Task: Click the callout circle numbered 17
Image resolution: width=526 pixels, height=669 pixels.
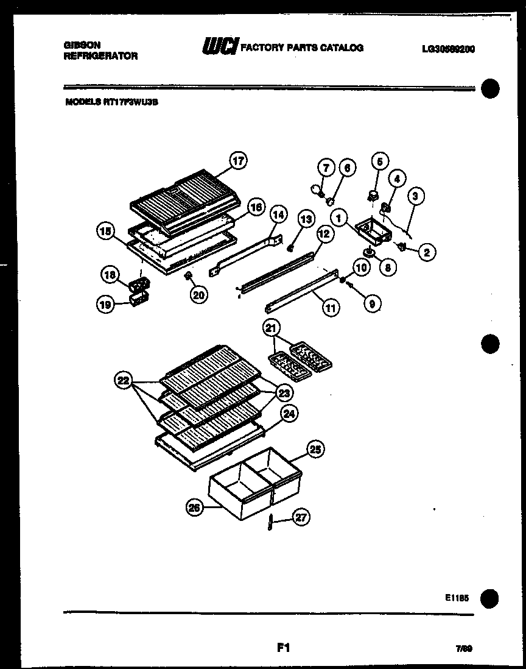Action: coord(237,161)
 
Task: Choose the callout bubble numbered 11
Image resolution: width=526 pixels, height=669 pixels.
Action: coord(329,308)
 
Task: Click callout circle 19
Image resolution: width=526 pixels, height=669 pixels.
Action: coord(106,305)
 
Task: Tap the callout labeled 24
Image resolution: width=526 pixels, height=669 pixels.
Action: coord(289,414)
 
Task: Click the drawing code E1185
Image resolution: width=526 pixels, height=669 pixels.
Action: coord(457,599)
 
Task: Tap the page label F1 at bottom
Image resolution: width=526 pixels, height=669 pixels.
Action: coord(282,648)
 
